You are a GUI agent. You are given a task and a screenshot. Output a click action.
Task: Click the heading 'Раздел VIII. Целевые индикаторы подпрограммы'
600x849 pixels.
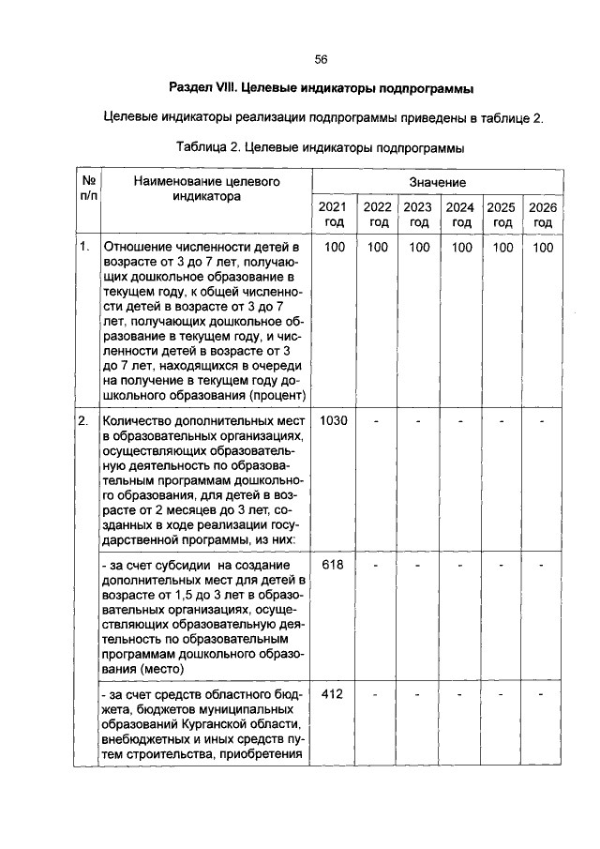tap(320, 89)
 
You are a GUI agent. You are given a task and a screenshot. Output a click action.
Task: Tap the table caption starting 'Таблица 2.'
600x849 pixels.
tap(320, 147)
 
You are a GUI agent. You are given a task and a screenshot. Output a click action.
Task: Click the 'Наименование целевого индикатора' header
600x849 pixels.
tap(206, 189)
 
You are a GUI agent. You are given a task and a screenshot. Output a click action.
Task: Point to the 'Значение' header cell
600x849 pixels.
tap(437, 180)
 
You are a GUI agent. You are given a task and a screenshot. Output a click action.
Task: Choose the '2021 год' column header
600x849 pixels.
tap(333, 214)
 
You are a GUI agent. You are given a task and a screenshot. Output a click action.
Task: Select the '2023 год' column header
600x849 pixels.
tap(419, 214)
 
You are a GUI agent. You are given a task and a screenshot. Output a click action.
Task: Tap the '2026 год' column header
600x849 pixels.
tap(543, 214)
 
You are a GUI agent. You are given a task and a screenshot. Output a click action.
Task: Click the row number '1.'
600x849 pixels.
tap(84, 247)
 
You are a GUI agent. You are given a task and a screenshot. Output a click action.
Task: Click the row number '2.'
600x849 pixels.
tap(84, 420)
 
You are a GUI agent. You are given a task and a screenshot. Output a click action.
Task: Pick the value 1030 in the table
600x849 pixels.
tap(333, 420)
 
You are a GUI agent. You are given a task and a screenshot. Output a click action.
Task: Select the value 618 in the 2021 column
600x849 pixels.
tap(333, 565)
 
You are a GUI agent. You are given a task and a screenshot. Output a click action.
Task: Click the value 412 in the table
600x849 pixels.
tap(333, 694)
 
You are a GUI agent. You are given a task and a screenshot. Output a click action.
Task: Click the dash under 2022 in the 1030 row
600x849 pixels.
tap(377, 420)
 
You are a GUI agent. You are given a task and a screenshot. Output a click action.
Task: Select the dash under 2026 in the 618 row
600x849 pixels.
tap(543, 565)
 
